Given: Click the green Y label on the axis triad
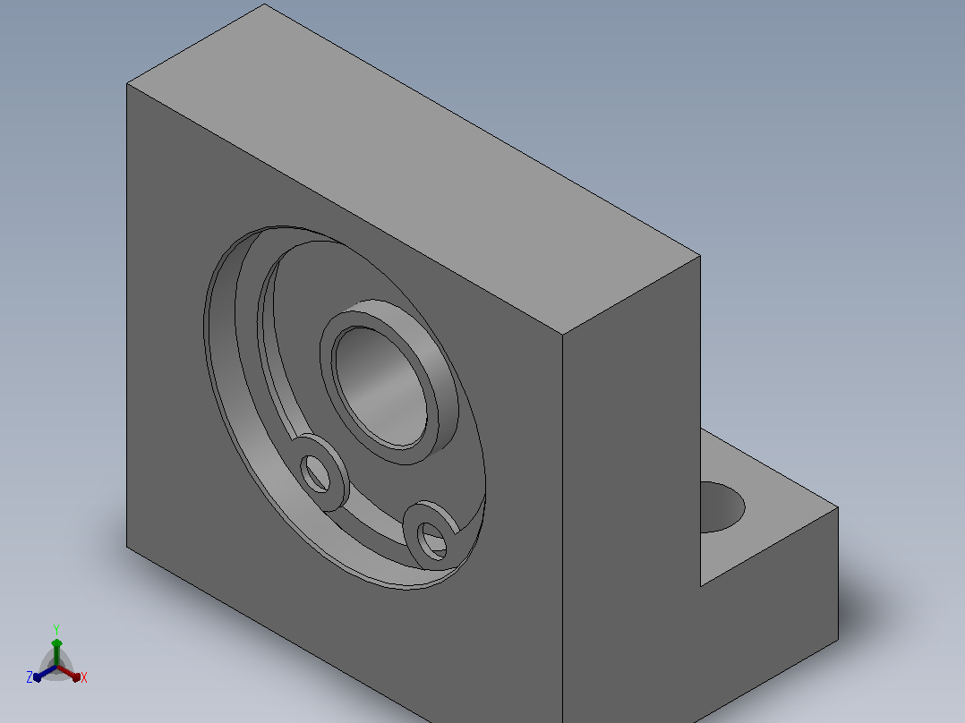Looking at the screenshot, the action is [56, 629].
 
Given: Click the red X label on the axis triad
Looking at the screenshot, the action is [84, 677].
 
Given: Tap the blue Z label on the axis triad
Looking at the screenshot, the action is [30, 677].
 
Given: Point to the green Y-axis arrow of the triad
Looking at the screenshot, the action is [56, 652].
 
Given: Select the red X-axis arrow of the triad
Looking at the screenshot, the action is [69, 673].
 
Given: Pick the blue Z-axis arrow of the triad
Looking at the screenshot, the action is [45, 673].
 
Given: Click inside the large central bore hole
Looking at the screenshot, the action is [380, 387].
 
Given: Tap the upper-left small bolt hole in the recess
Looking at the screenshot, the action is [316, 473].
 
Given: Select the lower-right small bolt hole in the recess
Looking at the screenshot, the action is [431, 540].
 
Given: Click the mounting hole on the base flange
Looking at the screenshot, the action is [722, 507].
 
